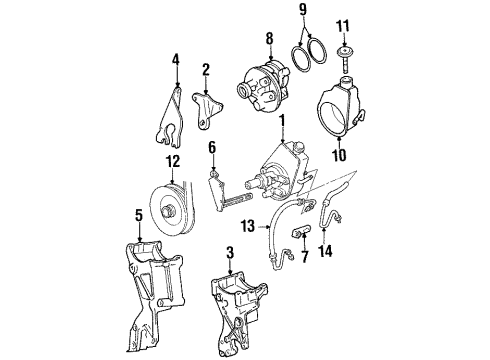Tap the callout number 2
[x=206, y=70]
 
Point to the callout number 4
[x=175, y=59]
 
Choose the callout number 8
[x=267, y=40]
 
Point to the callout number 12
[x=172, y=161]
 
